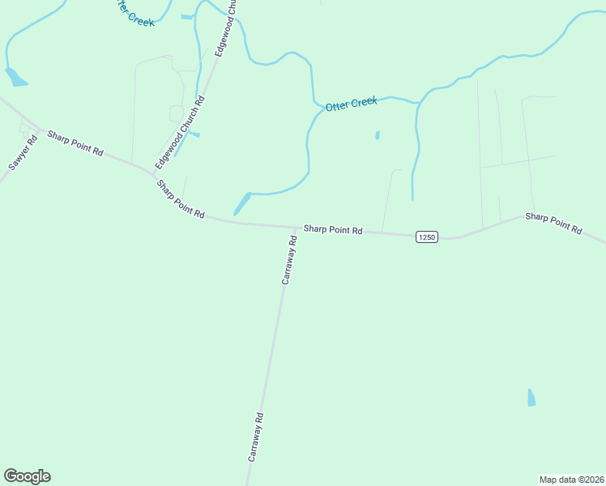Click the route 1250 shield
click(427, 237)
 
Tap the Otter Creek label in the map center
click(351, 104)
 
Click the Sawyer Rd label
click(23, 152)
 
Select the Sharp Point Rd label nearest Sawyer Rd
click(75, 143)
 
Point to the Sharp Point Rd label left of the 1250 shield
click(332, 230)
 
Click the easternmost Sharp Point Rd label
click(553, 223)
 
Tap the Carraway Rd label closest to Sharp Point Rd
click(289, 259)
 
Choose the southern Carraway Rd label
click(256, 437)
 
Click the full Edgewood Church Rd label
click(181, 126)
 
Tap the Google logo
click(27, 476)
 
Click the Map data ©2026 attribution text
click(571, 479)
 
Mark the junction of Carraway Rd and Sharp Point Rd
click(293, 228)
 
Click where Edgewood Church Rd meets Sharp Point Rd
click(154, 173)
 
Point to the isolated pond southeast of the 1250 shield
click(531, 398)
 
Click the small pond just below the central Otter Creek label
click(378, 135)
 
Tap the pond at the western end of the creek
click(15, 78)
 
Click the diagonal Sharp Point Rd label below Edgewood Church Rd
click(181, 199)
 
